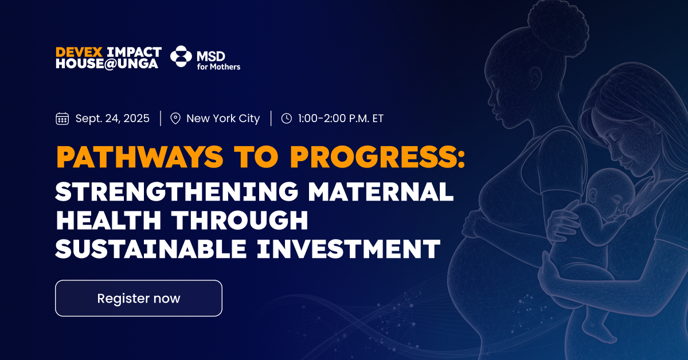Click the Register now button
138,298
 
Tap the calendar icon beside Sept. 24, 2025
62,119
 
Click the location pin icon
176,119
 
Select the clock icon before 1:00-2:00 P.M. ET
286,119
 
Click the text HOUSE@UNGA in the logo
107,64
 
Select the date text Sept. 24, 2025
112,119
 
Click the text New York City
223,119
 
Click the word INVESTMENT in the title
359,249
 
